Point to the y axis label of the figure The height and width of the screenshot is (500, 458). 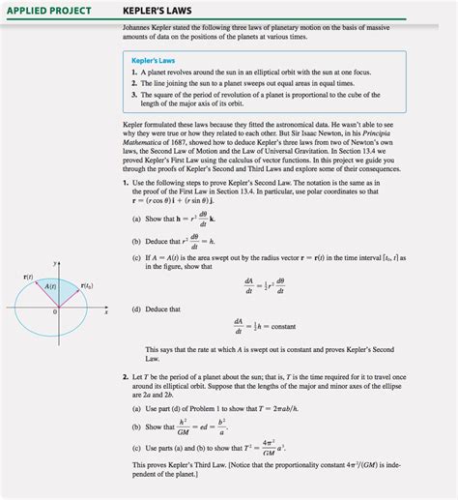coord(56,262)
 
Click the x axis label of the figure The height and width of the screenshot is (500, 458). coord(105,311)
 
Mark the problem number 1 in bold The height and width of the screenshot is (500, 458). coord(126,183)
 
